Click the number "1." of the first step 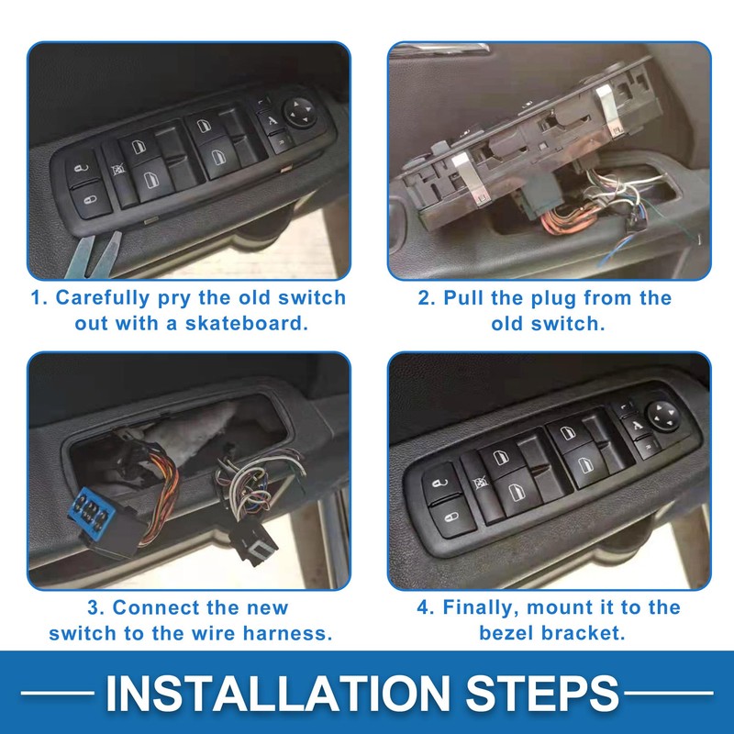pos(40,298)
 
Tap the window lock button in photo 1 pos(117,169)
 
